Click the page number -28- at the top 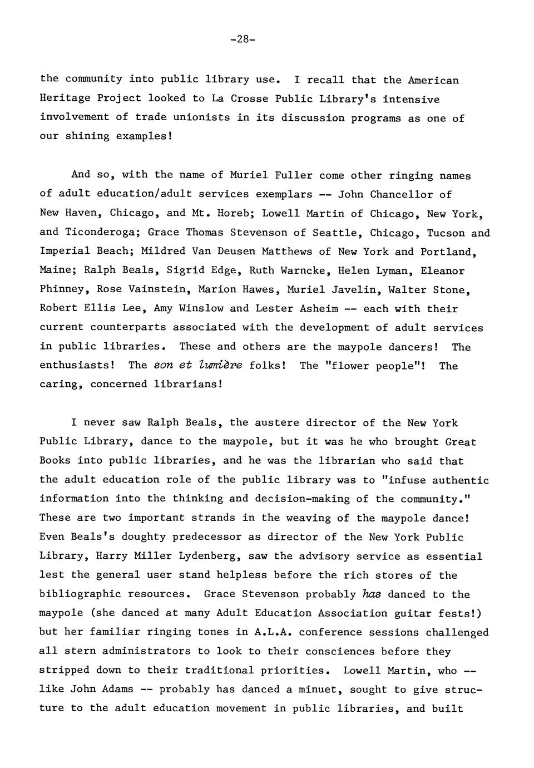click(x=243, y=40)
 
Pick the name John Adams click(x=102, y=689)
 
